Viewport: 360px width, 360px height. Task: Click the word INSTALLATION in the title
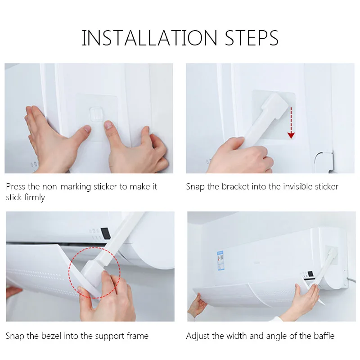(149, 38)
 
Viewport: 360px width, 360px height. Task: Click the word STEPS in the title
(252, 38)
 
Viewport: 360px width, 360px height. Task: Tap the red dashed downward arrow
(291, 122)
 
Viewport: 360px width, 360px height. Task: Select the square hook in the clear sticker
(96, 114)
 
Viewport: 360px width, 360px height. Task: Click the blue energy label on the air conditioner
(220, 261)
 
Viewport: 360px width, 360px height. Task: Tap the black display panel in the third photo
(105, 234)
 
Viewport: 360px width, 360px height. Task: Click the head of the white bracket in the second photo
(276, 105)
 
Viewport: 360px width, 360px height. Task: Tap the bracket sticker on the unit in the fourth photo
(331, 255)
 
